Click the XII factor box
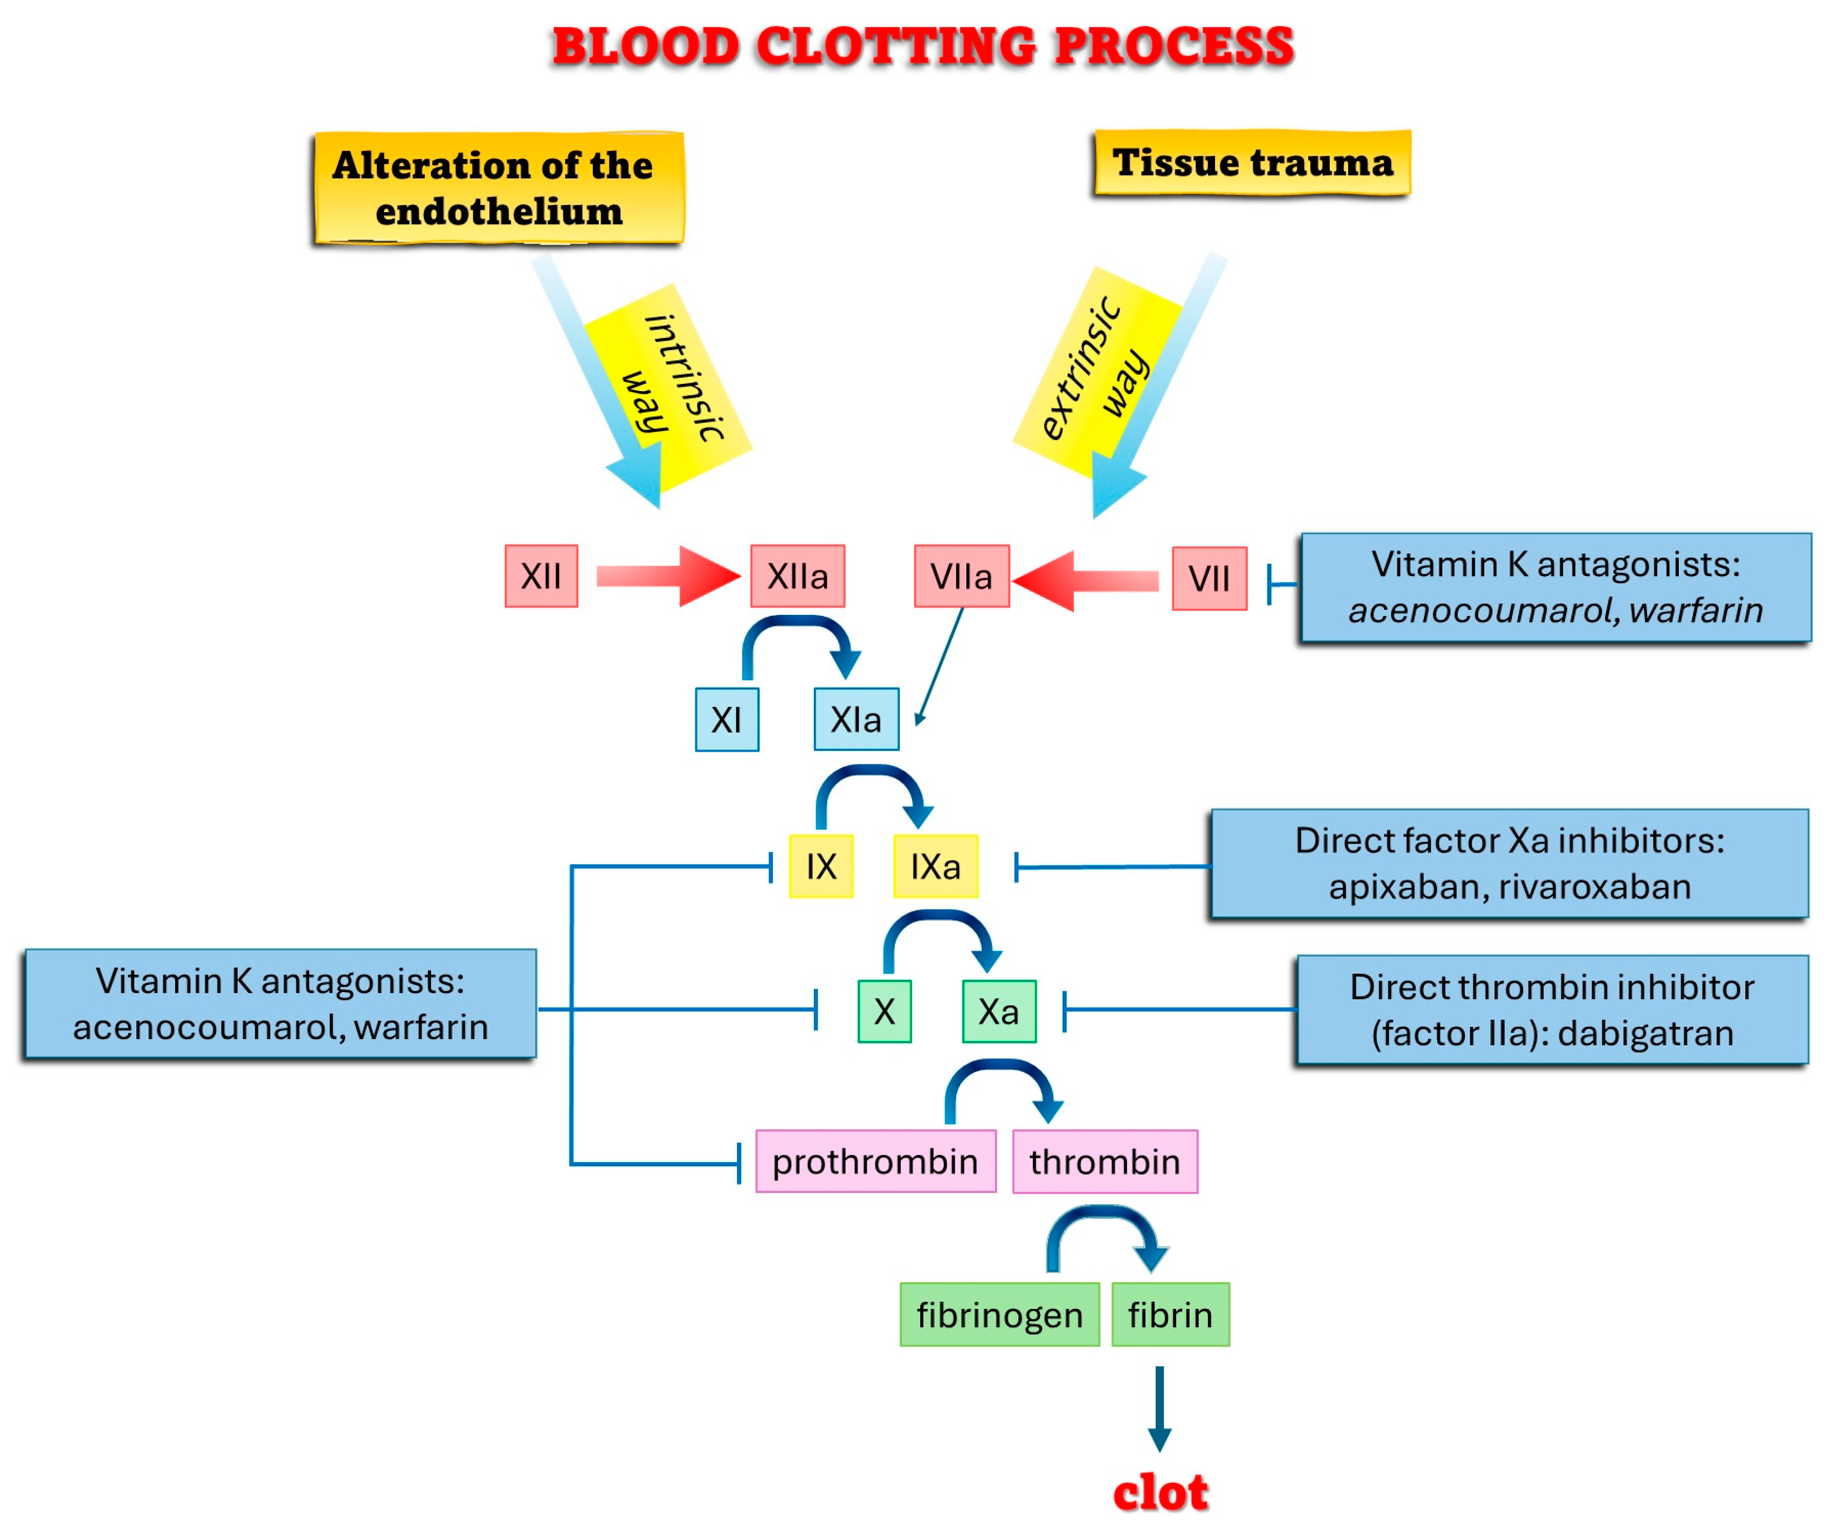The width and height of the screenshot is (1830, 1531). click(x=541, y=576)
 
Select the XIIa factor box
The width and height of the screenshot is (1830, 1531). click(x=797, y=576)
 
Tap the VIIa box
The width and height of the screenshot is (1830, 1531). click(x=961, y=576)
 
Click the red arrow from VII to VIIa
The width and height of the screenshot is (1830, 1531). click(x=1085, y=581)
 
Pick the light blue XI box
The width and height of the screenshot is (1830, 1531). click(x=727, y=720)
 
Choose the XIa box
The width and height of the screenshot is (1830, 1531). click(x=856, y=720)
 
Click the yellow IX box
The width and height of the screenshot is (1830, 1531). click(x=821, y=866)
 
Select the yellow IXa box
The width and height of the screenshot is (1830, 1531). click(x=935, y=866)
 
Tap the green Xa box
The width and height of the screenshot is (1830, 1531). click(x=998, y=1011)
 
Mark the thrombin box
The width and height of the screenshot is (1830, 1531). click(x=1104, y=1162)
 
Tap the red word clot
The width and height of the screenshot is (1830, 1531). click(x=1160, y=1493)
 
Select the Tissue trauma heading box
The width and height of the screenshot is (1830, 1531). click(x=1252, y=163)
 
